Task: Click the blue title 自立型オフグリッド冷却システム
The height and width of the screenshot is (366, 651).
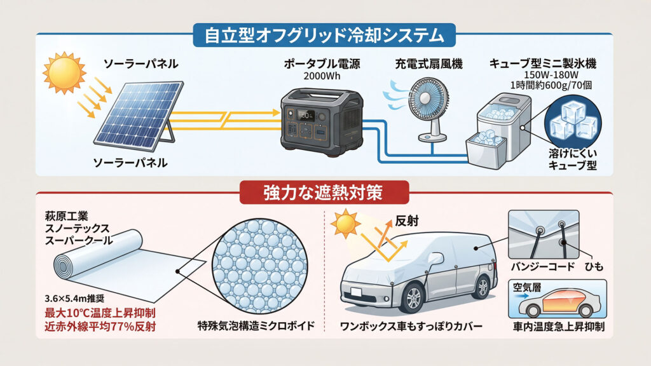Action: click(x=324, y=36)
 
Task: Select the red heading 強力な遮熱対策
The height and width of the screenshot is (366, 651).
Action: click(x=324, y=193)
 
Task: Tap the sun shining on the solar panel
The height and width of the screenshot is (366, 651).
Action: click(x=64, y=72)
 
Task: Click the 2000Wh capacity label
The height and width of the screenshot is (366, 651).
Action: click(x=322, y=76)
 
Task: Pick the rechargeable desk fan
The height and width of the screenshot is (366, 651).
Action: click(x=428, y=109)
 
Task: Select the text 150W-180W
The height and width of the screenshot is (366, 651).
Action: click(x=551, y=75)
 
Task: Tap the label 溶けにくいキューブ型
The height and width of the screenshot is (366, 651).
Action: click(x=573, y=159)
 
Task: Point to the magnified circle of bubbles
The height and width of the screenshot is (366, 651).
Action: click(x=260, y=266)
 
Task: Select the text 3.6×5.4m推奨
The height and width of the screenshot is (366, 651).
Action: click(x=74, y=299)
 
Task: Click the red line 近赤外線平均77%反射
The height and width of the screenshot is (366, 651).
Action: click(x=100, y=326)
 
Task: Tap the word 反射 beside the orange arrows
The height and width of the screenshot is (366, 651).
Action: click(x=406, y=220)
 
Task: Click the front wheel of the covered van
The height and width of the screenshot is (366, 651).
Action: click(x=413, y=298)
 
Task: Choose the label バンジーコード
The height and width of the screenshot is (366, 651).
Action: click(x=543, y=266)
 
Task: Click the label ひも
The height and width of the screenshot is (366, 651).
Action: click(x=594, y=266)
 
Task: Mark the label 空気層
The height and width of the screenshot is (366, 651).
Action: click(x=526, y=287)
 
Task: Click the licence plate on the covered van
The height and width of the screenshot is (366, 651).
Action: click(x=356, y=292)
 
